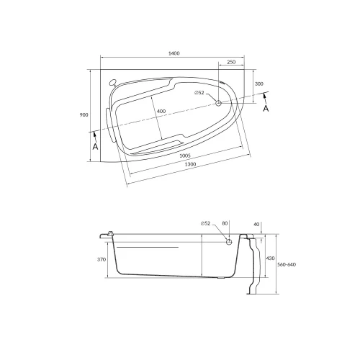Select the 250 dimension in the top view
(230, 63)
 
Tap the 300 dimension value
(259, 84)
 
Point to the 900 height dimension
(84, 115)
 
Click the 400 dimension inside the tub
(161, 111)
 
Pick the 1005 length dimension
(184, 155)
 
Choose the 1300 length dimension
(190, 165)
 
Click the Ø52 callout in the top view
(199, 94)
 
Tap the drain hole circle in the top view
(219, 104)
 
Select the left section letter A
(94, 146)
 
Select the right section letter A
(265, 109)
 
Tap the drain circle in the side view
(229, 243)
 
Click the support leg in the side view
(251, 266)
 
